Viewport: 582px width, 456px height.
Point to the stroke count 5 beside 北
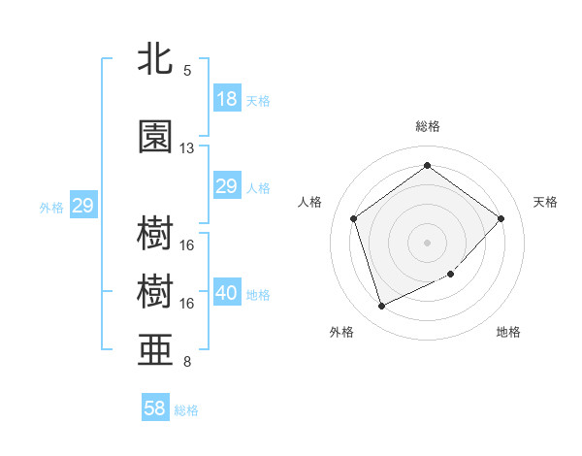coord(187,71)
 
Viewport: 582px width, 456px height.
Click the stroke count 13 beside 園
coord(187,148)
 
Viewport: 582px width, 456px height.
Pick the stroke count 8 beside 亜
coord(187,363)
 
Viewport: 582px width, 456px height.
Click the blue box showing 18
coord(227,100)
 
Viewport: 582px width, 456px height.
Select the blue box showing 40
coord(227,293)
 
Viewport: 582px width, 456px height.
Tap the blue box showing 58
coord(155,408)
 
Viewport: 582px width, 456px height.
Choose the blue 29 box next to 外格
coord(82,206)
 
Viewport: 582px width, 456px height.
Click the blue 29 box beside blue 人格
coord(227,186)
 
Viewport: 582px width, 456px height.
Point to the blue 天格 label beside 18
coord(258,101)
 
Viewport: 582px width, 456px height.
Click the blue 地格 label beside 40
coord(258,295)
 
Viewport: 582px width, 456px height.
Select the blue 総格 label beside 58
coord(186,410)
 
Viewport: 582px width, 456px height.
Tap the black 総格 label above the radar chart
coord(428,126)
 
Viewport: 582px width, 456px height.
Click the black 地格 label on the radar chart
coord(508,333)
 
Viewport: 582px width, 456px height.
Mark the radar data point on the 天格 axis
coord(501,218)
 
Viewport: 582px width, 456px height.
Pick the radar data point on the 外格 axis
coord(381,307)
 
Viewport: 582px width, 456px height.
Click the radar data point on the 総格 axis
coord(428,166)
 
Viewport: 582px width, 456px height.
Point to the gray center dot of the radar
coord(428,243)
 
